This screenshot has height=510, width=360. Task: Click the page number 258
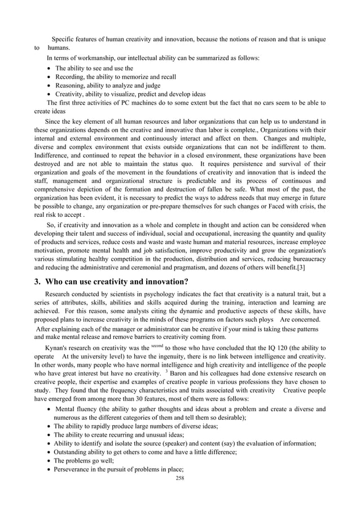pos(180,477)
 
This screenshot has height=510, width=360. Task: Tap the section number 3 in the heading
pos(37,282)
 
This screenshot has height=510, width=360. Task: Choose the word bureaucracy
pos(308,259)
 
